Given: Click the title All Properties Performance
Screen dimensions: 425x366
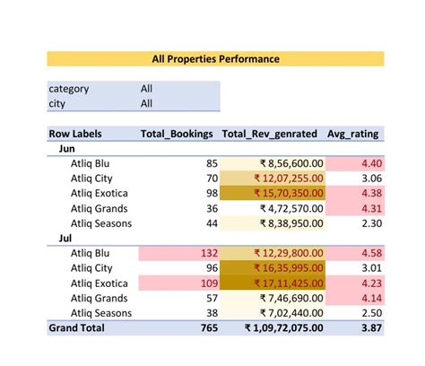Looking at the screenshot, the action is [215, 58].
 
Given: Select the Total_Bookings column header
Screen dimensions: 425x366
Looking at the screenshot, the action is [177, 134].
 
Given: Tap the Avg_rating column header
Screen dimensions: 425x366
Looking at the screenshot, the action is [352, 134].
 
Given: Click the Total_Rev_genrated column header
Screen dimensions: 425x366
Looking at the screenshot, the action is [269, 134].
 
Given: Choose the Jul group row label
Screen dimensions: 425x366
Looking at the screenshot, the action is [66, 239].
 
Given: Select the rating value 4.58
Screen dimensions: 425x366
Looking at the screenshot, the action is [370, 254].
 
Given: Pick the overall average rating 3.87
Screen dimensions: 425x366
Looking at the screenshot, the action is [370, 328].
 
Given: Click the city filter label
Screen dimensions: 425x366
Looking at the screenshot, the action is [57, 103].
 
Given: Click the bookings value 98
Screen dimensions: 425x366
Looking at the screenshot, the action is [211, 193].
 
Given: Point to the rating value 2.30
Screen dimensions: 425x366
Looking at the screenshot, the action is [370, 223].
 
